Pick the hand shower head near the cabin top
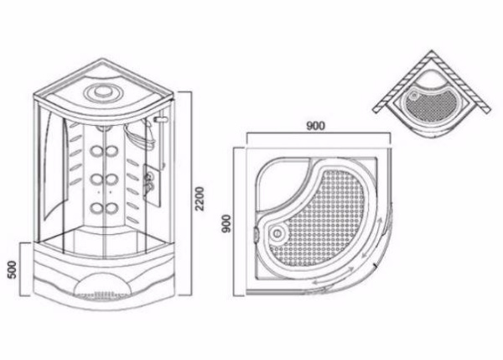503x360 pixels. [158, 123]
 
